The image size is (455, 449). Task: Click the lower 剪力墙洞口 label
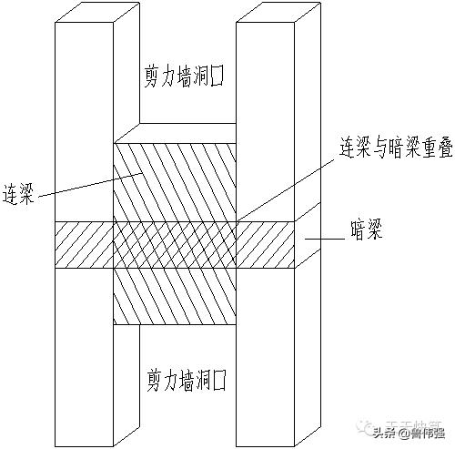(184, 377)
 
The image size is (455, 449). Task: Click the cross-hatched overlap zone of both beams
(174, 245)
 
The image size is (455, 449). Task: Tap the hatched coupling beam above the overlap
(174, 182)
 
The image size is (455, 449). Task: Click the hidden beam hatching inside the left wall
(83, 245)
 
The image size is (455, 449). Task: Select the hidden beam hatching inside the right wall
(265, 245)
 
